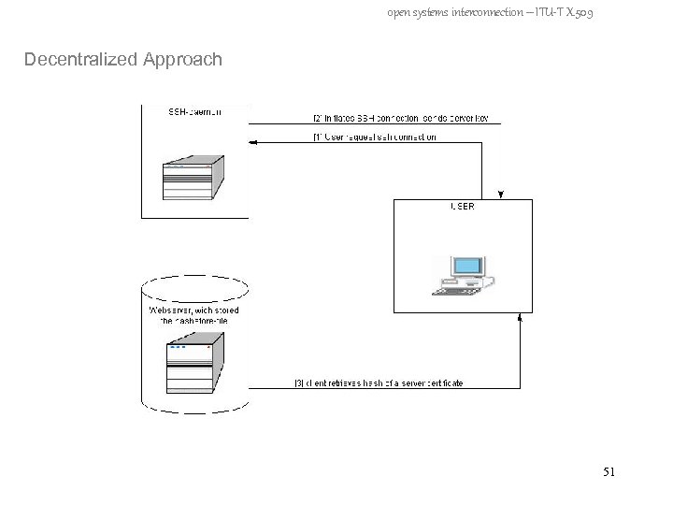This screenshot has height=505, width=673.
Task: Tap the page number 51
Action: coord(609,474)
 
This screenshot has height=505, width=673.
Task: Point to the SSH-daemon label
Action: coord(194,112)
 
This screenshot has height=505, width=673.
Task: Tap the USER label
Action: coord(462,207)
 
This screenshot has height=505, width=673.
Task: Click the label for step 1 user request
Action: coord(374,137)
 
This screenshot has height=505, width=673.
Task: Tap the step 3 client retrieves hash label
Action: coord(378,382)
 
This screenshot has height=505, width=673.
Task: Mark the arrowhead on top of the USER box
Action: coord(502,195)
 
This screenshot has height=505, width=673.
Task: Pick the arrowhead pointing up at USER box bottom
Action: coord(521,318)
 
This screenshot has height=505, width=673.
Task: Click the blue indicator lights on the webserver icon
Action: coord(178,347)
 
